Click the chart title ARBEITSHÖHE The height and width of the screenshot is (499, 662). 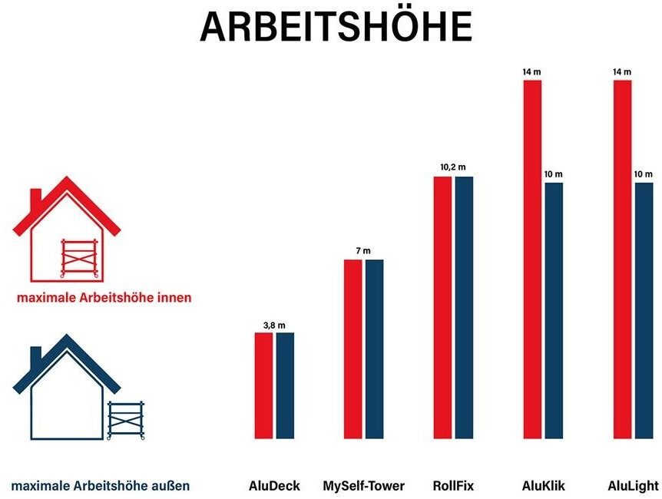[x=336, y=28]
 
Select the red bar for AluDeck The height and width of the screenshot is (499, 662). [x=264, y=385]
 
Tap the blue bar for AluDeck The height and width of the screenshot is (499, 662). [x=285, y=385]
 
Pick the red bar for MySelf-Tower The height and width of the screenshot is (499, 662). [x=353, y=349]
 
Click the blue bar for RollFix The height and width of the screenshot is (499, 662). [x=465, y=307]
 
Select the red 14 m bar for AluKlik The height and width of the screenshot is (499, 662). [x=533, y=259]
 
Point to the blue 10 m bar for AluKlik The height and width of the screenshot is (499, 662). [x=554, y=311]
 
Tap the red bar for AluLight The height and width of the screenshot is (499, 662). [x=623, y=259]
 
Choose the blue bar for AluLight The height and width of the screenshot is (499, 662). [x=644, y=311]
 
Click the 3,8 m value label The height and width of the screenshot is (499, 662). [x=274, y=326]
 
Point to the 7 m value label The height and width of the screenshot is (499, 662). [x=363, y=252]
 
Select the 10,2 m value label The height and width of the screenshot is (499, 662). [x=453, y=167]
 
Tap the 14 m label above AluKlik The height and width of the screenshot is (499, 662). [x=532, y=72]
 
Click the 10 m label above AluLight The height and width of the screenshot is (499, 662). [x=643, y=174]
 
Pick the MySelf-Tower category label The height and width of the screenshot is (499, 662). [x=363, y=486]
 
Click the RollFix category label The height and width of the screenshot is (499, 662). [x=453, y=486]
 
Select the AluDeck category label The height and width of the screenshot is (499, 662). [x=274, y=486]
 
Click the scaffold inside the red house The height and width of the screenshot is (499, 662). [x=79, y=258]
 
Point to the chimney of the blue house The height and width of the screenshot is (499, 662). [x=35, y=356]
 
